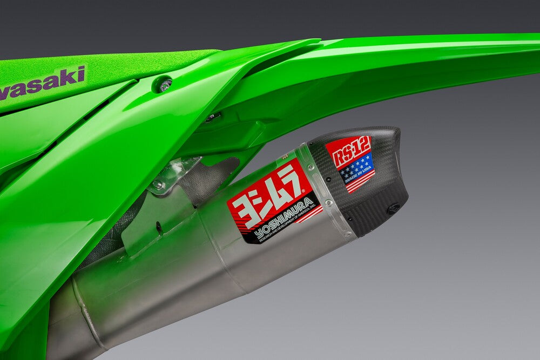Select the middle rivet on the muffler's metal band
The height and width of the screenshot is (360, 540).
(326, 202)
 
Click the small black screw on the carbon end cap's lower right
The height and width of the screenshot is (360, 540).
(393, 208)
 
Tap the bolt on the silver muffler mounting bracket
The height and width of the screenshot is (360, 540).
(158, 185)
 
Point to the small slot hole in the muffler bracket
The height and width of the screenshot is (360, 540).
(159, 227)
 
